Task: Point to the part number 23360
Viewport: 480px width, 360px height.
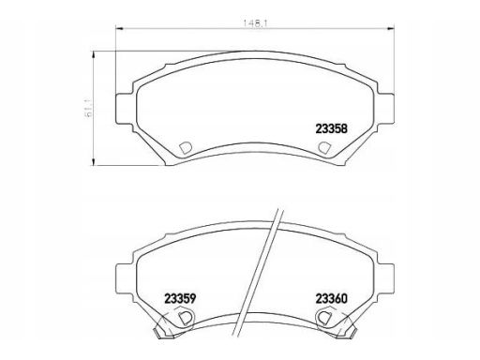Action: click(330, 300)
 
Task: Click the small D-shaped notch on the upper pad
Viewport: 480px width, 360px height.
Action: click(184, 147)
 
